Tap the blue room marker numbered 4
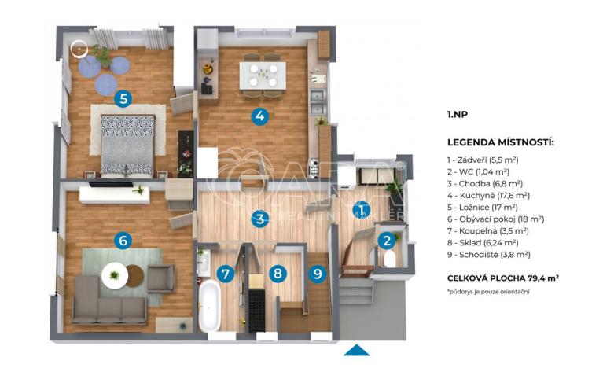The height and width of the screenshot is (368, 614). coord(260,117)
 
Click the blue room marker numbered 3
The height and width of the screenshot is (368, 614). coord(260,219)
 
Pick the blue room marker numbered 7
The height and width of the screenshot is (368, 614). coord(226,274)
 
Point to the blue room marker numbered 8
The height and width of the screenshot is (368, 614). coord(277,274)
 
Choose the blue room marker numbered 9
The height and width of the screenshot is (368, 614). coord(318,274)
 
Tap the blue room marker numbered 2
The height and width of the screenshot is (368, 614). coord(386,241)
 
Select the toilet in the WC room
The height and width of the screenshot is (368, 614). coord(388,259)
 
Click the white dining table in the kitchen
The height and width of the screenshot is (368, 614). coord(263,75)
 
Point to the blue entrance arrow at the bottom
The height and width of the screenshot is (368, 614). coord(356,350)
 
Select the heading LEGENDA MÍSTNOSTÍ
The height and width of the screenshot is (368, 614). coord(500,142)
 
